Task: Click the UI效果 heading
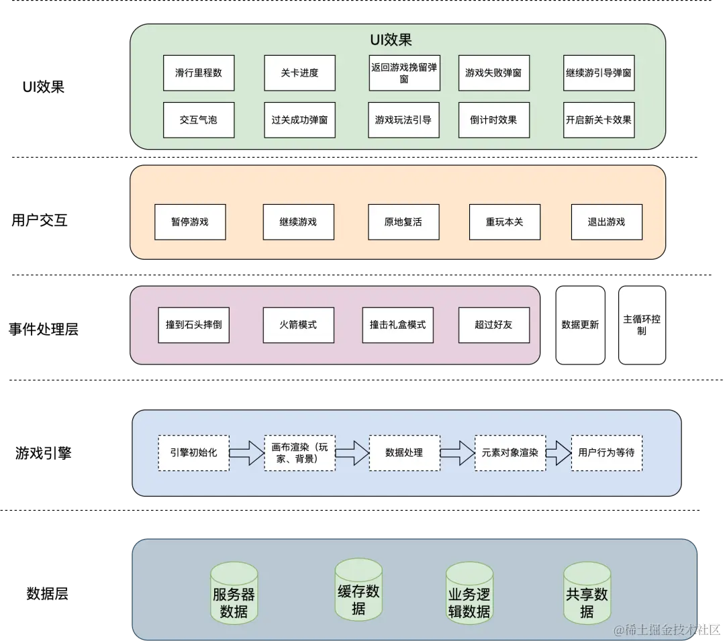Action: point(391,40)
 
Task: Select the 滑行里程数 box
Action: point(199,73)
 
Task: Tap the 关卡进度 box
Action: point(299,73)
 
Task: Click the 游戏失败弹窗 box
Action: point(493,73)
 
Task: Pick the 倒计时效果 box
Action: point(493,120)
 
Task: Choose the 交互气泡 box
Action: point(199,120)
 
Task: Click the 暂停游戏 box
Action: point(190,222)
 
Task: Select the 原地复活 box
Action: point(403,222)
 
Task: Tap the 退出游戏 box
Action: point(606,222)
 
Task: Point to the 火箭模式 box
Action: point(298,325)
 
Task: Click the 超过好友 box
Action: point(493,325)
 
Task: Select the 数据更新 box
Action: point(580,325)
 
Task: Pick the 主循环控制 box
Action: point(642,325)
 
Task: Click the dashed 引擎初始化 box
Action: point(193,452)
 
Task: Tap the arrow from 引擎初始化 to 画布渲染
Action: point(246,452)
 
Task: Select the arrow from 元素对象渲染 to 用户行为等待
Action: point(558,452)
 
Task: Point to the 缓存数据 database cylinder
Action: point(358,591)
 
